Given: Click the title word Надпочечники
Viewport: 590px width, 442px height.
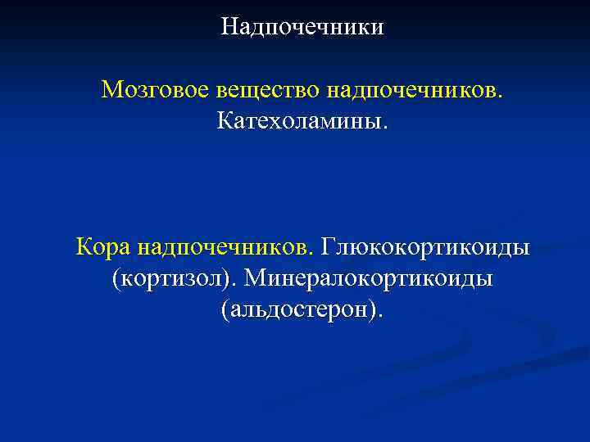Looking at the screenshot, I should point(302,28).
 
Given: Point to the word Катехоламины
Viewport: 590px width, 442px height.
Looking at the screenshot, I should point(301,122).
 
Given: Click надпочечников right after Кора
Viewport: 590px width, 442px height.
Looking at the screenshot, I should point(225,246).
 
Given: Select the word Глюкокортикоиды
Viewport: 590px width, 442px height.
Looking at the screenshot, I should point(425,246).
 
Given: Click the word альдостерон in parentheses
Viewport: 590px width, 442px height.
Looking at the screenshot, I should point(301,310).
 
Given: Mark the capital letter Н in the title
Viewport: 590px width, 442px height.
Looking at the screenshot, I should point(229,28).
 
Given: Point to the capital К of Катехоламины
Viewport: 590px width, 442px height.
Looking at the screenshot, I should point(225,122).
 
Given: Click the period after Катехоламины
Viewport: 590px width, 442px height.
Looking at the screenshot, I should point(382,127).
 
